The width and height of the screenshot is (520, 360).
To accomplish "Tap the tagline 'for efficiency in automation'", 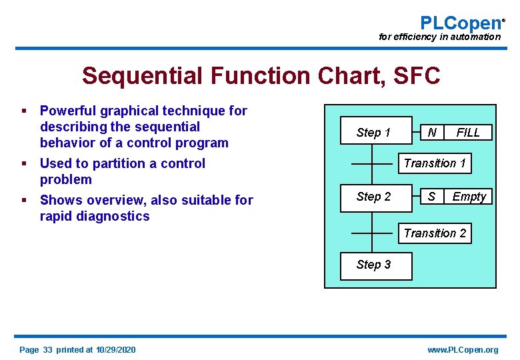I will pos(439,37).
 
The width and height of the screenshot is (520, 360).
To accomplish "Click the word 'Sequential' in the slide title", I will pos(141,76).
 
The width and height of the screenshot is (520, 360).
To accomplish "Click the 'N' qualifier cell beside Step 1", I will pos(432,133).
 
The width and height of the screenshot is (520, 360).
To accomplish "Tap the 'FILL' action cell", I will pos(467,133).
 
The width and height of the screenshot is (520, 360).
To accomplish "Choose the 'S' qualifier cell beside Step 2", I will pos(432,197).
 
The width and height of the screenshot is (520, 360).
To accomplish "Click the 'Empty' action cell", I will pos(469,197).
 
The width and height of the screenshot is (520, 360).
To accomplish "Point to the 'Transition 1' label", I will pos(435,163).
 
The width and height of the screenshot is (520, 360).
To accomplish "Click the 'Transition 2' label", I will pos(435,233).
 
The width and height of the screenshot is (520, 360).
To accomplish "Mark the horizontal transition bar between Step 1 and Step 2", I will pos(372,163).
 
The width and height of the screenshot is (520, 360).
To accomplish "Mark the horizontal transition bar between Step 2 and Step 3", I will pos(372,233).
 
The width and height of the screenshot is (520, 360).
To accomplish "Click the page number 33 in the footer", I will pos(48,350).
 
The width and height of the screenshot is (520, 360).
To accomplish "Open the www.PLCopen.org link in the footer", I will pos(463,350).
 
